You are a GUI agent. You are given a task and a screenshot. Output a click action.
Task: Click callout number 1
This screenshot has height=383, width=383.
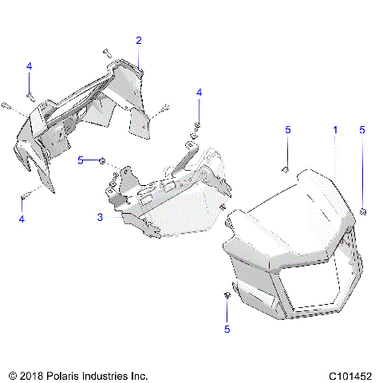[335, 128]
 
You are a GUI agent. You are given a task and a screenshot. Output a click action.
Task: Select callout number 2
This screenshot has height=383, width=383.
[139, 40]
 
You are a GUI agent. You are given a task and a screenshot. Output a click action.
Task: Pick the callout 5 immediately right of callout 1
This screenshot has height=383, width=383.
[362, 128]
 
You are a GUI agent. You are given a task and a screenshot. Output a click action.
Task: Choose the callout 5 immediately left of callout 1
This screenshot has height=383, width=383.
[288, 128]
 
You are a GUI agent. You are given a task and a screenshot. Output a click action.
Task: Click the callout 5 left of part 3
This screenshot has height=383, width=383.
[81, 160]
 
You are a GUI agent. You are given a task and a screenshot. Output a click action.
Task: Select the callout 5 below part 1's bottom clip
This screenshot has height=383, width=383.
[227, 328]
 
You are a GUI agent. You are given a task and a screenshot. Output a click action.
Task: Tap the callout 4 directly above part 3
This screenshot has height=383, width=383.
[199, 94]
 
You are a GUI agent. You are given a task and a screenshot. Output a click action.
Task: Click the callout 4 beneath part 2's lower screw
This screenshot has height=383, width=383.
[22, 218]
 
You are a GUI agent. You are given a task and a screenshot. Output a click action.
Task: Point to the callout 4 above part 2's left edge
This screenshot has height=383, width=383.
[29, 65]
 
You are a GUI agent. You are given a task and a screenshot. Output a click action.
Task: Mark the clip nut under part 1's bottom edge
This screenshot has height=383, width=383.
[227, 296]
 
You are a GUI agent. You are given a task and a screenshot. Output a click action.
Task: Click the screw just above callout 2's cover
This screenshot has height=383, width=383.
[107, 53]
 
